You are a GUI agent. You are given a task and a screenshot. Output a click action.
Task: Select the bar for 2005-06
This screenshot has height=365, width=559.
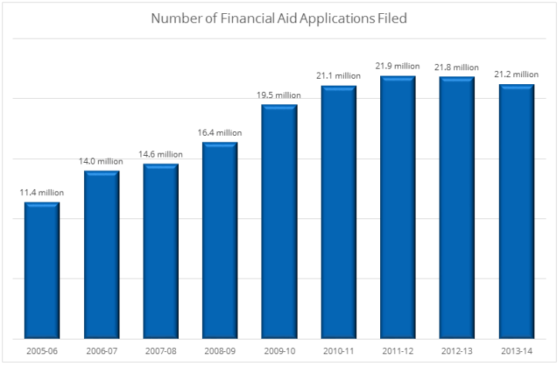pyautogui.click(x=42, y=270)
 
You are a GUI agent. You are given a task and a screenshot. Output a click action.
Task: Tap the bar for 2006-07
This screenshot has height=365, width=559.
pyautogui.click(x=101, y=255)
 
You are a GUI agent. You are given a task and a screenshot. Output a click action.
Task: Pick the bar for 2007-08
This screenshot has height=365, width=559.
pyautogui.click(x=160, y=251)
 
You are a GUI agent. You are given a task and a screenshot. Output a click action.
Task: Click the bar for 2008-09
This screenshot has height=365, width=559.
pyautogui.click(x=220, y=240)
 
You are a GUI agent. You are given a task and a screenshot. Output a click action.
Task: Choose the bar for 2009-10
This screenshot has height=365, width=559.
pyautogui.click(x=279, y=221)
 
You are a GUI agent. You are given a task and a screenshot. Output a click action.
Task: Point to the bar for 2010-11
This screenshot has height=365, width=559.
pyautogui.click(x=338, y=212)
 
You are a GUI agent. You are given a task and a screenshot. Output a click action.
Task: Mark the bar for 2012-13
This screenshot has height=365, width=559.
pyautogui.click(x=457, y=208)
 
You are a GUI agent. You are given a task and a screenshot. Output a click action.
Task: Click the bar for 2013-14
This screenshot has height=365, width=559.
pyautogui.click(x=517, y=211)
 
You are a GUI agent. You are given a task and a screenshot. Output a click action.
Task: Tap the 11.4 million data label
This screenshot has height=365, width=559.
pyautogui.click(x=42, y=193)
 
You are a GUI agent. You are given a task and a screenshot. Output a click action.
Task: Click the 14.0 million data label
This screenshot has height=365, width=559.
pyautogui.click(x=101, y=161)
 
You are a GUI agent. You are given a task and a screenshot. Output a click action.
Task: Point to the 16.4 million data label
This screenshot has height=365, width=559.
pyautogui.click(x=220, y=133)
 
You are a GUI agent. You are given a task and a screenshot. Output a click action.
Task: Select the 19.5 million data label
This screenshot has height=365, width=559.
pyautogui.click(x=279, y=95)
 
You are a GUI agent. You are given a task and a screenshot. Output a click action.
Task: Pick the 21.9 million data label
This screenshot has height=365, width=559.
pyautogui.click(x=398, y=66)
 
